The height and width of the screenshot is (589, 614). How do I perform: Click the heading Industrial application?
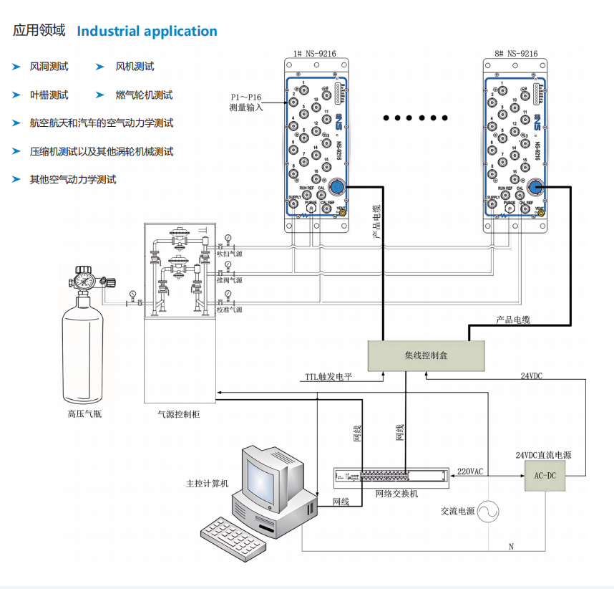tap(147, 32)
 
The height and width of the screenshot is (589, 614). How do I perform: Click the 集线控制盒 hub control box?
tap(426, 355)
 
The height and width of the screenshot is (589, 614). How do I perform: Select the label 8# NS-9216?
tap(517, 54)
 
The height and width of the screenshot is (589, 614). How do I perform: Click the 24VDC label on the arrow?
tap(531, 375)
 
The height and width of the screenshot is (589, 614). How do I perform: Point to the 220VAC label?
tap(470, 471)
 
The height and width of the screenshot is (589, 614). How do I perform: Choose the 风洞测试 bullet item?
tap(49, 67)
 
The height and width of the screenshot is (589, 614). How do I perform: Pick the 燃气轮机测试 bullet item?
tap(144, 95)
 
